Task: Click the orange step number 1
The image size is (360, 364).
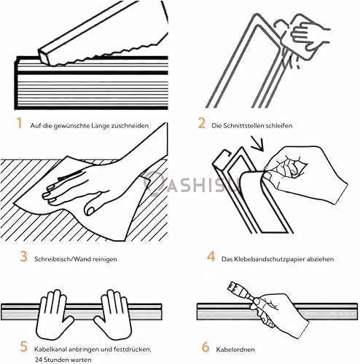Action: coord(20,123)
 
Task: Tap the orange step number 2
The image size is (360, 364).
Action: coord(201,123)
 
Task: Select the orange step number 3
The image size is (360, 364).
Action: coord(23,256)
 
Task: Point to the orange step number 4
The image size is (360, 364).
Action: coord(211,256)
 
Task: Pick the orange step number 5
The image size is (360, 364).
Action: coord(23,347)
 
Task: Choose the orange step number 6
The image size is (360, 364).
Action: coord(206,347)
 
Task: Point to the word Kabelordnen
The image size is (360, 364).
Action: coord(235,349)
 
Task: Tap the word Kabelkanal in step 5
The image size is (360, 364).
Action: coord(50,349)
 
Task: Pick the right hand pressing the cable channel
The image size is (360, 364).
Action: coord(114,315)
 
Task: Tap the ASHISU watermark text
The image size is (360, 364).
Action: coord(192,183)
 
